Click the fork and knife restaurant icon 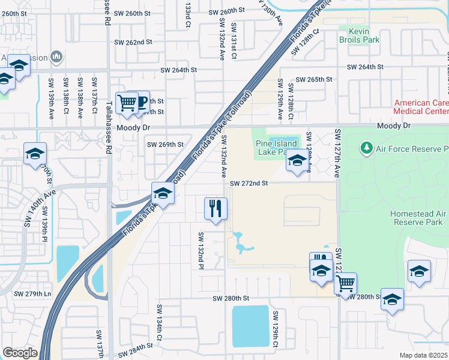tap(215, 209)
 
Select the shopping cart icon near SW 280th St tap(345, 283)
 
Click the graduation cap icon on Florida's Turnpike tap(162, 193)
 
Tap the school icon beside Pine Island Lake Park tap(297, 160)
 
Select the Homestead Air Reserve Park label tap(418, 218)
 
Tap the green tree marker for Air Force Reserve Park tap(366, 148)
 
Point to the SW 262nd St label tap(131, 43)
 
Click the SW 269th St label tap(165, 145)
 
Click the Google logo tap(20, 352)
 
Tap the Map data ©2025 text tap(423, 355)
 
